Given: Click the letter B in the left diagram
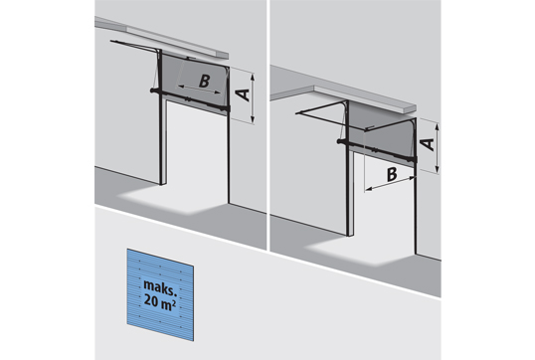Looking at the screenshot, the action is click(x=204, y=82).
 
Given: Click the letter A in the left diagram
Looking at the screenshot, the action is click(x=244, y=94).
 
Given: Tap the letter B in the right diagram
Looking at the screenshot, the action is click(x=392, y=174).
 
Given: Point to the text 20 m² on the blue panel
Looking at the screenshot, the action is click(x=160, y=300).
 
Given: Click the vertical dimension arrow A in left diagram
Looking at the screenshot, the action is click(x=253, y=97).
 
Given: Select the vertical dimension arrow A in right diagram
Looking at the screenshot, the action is click(x=438, y=148).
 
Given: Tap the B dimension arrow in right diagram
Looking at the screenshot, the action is click(x=390, y=183).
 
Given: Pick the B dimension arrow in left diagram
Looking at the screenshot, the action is click(x=199, y=90).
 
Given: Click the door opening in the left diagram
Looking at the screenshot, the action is click(x=197, y=150).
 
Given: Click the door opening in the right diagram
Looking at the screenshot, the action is click(x=385, y=200).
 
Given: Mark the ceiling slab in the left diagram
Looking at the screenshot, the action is click(x=161, y=37).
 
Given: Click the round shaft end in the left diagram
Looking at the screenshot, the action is click(x=151, y=90).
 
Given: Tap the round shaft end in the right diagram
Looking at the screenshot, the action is click(x=339, y=141).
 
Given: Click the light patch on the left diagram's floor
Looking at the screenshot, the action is click(x=172, y=201).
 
